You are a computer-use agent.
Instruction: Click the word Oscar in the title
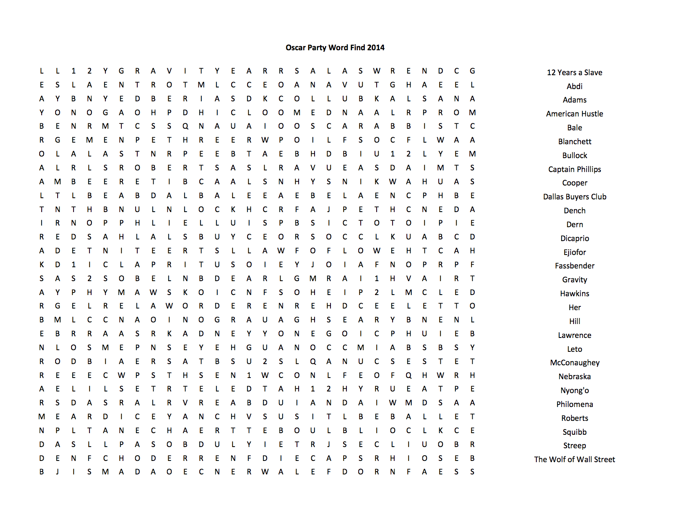pos(295,48)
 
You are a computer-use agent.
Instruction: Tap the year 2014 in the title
pos(375,48)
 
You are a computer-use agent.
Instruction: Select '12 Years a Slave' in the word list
pos(574,73)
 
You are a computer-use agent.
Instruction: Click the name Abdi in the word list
pos(574,87)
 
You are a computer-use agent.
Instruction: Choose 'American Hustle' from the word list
pos(574,114)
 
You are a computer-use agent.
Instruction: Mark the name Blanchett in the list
pos(574,142)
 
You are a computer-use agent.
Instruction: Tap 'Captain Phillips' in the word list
pos(574,170)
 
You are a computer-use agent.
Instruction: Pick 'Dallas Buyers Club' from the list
pos(574,197)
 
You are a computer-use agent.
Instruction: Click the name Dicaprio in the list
pos(574,239)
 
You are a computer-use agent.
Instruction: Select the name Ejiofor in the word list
pos(574,253)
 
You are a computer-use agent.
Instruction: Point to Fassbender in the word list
pos(574,266)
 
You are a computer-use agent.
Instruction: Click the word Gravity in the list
pos(574,280)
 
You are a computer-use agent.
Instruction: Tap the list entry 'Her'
pos(574,308)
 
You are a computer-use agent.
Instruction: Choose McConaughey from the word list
pos(574,363)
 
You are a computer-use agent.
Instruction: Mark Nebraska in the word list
pos(574,377)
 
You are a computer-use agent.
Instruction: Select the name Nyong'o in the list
pos(574,391)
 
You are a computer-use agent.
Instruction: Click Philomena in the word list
pos(574,405)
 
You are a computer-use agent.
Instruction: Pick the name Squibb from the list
pos(574,432)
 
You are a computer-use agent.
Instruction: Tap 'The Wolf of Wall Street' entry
pos(574,460)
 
